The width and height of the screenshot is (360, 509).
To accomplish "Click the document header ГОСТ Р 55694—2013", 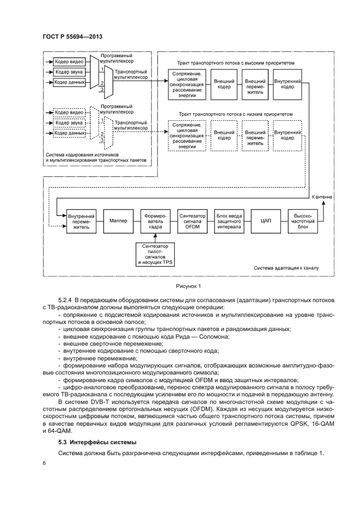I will (72, 38).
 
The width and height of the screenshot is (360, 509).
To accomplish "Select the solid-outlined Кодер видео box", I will (69, 62).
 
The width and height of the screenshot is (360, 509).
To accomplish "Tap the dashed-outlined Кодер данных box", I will (69, 132).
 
